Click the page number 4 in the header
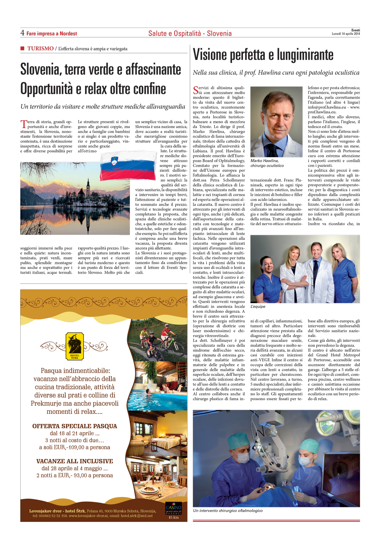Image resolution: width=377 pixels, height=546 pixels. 22,33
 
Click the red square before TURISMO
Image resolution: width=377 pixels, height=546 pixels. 22,48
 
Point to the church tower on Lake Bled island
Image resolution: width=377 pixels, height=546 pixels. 88,184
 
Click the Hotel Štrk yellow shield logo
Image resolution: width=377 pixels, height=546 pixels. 75,346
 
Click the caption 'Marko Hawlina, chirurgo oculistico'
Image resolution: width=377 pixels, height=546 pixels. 267,163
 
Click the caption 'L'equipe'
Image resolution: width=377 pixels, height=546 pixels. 258,306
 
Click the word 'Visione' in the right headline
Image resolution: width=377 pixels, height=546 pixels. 210,55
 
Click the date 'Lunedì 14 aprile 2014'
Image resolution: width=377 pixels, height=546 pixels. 346,34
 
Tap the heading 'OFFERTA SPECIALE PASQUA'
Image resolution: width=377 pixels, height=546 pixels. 75,426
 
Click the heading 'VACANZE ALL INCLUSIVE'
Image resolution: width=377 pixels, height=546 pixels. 75,461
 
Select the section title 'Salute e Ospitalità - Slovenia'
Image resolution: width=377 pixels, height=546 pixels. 190,33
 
